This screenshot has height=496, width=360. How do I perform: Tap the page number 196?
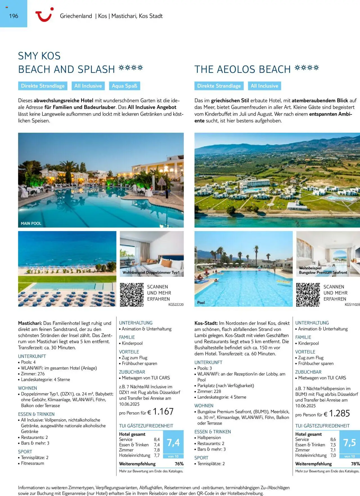tap(13, 16)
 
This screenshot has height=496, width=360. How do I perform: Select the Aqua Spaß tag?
tap(124, 86)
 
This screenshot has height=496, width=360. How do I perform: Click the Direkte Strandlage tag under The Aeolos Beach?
tap(219, 86)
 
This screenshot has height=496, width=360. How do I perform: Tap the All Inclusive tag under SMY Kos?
tap(88, 86)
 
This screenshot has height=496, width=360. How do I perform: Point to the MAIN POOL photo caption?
tap(31, 223)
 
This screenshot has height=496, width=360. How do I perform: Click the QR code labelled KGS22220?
tap(132, 295)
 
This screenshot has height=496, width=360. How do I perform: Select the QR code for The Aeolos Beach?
tap(308, 295)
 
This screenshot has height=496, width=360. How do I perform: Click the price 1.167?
tap(163, 412)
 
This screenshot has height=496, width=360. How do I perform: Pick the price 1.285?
tap(339, 413)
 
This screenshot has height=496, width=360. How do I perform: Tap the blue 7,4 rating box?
tap(173, 443)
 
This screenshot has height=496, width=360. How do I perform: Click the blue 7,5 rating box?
tap(350, 443)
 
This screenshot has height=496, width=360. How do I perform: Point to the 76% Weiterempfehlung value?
tap(179, 464)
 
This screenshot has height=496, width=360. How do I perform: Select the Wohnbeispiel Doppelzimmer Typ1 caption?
tap(151, 272)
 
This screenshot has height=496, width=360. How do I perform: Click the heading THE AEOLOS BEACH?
tap(242, 69)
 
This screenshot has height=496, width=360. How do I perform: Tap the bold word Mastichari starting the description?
tap(30, 323)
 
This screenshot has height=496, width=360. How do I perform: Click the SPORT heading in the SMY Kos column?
tap(25, 452)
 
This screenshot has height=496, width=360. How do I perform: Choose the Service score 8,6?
tap(333, 439)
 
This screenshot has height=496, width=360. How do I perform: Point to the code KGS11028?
tap(352, 305)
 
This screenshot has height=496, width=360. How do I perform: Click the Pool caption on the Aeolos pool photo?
tap(201, 303)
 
